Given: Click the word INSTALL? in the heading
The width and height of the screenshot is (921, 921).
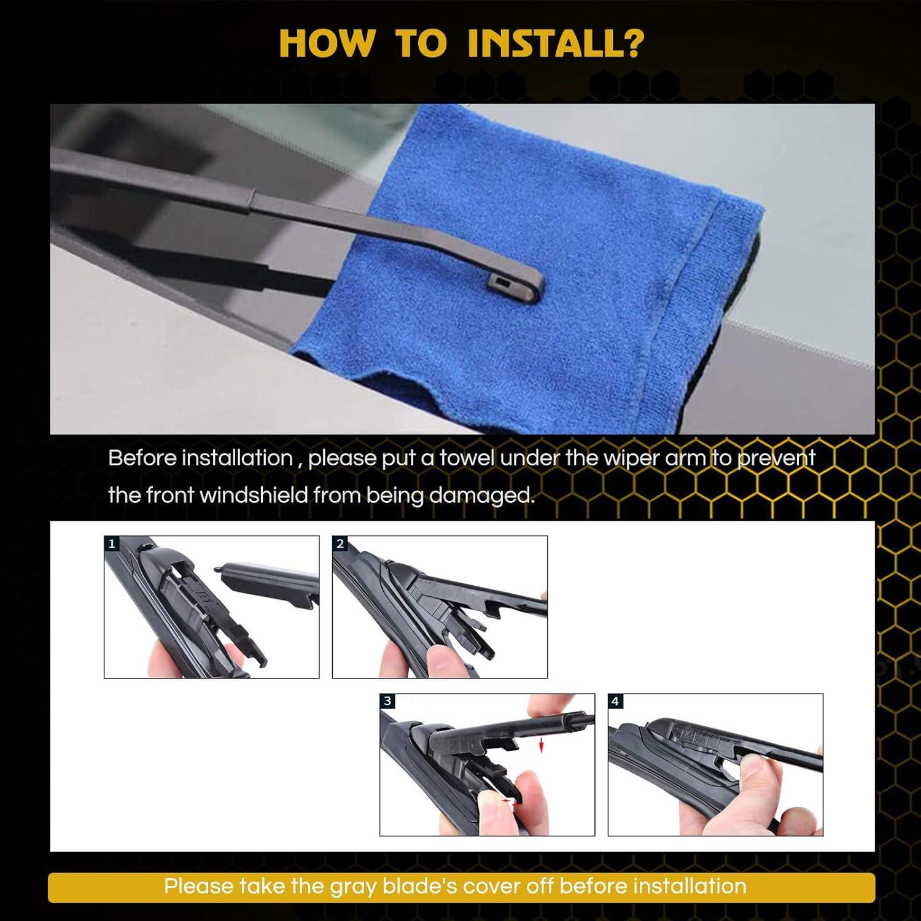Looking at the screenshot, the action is click(x=556, y=43).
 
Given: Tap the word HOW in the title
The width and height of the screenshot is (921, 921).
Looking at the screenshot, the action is click(x=326, y=43).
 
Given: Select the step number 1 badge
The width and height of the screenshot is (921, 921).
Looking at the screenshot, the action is click(x=111, y=543).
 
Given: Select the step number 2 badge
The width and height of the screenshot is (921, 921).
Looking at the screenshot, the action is click(x=340, y=543).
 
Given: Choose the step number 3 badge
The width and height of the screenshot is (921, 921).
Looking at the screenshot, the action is click(x=387, y=701).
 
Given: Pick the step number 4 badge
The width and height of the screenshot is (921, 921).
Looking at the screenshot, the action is click(x=615, y=701).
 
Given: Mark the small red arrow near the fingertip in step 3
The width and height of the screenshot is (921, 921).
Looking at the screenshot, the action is click(x=507, y=801).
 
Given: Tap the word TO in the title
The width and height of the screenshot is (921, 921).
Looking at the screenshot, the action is click(x=421, y=43).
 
